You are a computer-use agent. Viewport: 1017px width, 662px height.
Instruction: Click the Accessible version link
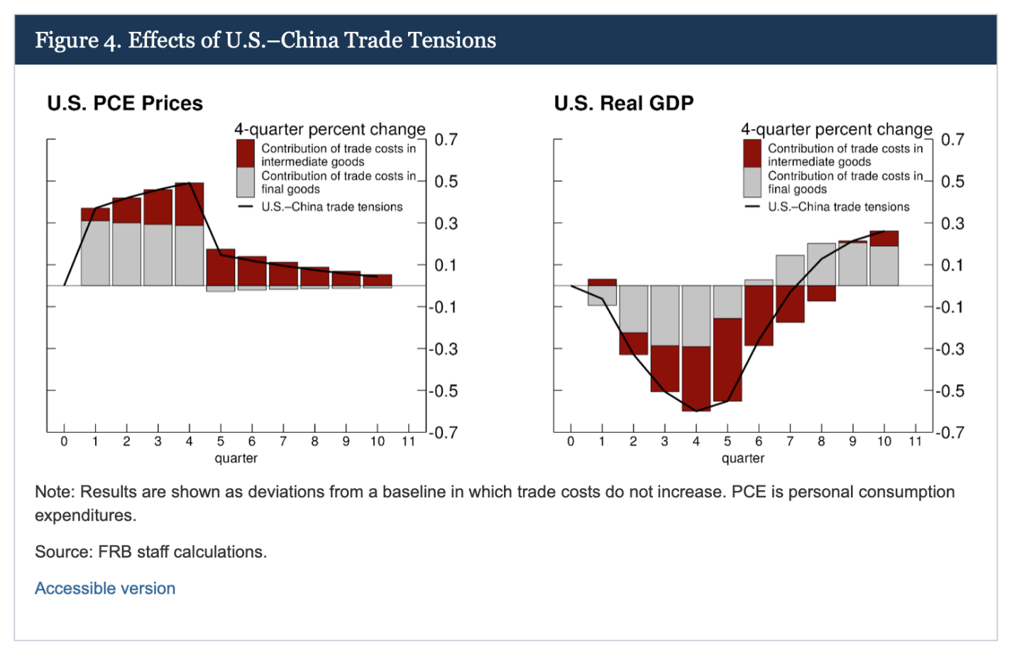pos(105,588)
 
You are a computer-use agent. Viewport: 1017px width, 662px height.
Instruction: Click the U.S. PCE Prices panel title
pos(125,103)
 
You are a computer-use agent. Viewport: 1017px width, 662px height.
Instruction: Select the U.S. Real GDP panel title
pos(624,103)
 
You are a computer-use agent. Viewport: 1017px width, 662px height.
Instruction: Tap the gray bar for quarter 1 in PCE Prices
pos(95,253)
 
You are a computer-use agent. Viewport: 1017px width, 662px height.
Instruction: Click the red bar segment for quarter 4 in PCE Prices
pos(189,204)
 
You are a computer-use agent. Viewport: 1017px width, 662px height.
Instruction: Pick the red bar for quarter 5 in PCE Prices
pos(221,267)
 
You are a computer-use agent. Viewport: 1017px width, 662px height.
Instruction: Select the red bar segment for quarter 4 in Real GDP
pos(696,379)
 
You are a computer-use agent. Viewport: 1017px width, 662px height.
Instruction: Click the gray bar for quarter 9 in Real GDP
pos(852,264)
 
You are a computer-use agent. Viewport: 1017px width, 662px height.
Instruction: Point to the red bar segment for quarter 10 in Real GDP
pos(884,238)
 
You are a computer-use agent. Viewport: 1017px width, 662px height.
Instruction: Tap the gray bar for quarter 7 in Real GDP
pos(790,270)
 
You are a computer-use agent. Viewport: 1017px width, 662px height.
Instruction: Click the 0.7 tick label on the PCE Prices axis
pos(446,139)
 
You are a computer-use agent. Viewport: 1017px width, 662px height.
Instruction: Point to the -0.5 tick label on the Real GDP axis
pos(949,391)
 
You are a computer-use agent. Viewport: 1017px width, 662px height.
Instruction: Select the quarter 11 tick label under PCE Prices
pos(409,441)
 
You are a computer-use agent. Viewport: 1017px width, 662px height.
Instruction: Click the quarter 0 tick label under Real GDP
pos(571,441)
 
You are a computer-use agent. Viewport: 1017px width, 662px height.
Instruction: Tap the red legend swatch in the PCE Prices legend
pos(245,153)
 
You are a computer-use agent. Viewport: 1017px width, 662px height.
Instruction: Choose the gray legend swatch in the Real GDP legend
pos(752,182)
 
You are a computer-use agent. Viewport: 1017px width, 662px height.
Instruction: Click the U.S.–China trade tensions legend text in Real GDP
pos(839,207)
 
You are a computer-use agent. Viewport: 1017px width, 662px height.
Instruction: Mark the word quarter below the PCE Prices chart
pos(236,458)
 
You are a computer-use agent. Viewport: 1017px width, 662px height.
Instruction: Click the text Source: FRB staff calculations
pos(150,552)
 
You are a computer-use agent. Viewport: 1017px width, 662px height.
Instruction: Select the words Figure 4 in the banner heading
pos(78,40)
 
